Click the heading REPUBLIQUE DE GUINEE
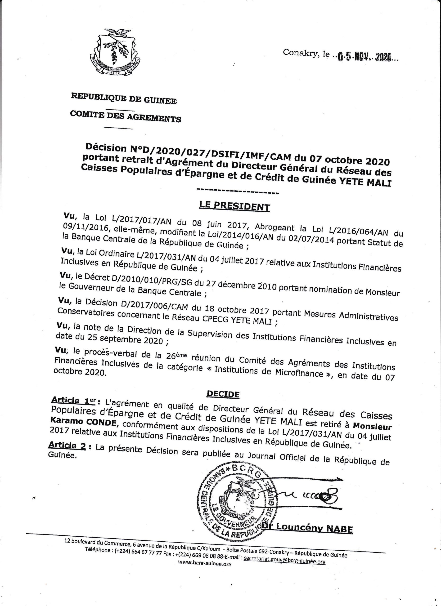coord(124,99)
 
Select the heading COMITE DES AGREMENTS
coord(125,116)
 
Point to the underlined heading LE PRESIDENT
coord(234,206)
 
